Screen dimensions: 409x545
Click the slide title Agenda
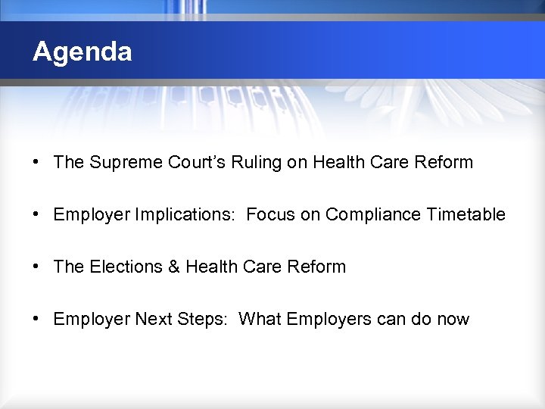pos(83,52)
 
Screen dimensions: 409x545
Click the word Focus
pos(270,214)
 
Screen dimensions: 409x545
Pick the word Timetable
pos(466,214)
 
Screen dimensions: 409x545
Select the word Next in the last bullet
pos(152,319)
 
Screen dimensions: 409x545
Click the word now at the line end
pos(453,319)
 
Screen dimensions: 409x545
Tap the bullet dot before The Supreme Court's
pos(36,162)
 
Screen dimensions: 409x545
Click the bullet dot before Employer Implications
pos(36,214)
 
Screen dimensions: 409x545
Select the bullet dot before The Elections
pos(36,267)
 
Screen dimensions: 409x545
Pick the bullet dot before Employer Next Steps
pos(36,319)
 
